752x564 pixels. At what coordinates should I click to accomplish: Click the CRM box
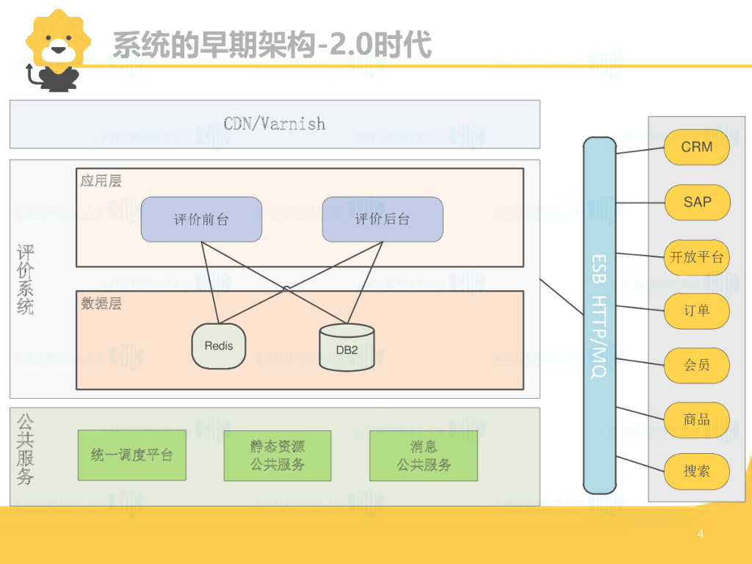click(696, 147)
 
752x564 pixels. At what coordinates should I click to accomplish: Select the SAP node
click(696, 202)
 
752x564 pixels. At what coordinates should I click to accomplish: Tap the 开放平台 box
click(696, 257)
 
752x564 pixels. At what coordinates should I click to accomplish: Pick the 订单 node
click(696, 310)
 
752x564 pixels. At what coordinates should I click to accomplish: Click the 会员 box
click(696, 365)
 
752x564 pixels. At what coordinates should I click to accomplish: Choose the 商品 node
click(696, 419)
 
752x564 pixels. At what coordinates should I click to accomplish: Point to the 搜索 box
click(696, 471)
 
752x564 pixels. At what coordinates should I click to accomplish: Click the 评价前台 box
click(201, 219)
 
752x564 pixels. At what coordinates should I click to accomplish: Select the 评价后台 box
click(383, 219)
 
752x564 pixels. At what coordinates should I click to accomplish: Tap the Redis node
click(219, 345)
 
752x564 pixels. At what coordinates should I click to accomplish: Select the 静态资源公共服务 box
click(278, 455)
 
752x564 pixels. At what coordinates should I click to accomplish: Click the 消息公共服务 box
click(424, 455)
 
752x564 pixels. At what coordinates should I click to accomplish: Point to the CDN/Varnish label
click(275, 123)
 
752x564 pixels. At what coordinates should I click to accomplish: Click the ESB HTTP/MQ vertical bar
click(599, 316)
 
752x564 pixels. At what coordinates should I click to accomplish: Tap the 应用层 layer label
click(101, 181)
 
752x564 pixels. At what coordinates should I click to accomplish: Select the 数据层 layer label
click(101, 303)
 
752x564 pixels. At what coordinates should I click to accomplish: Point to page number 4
click(701, 534)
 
